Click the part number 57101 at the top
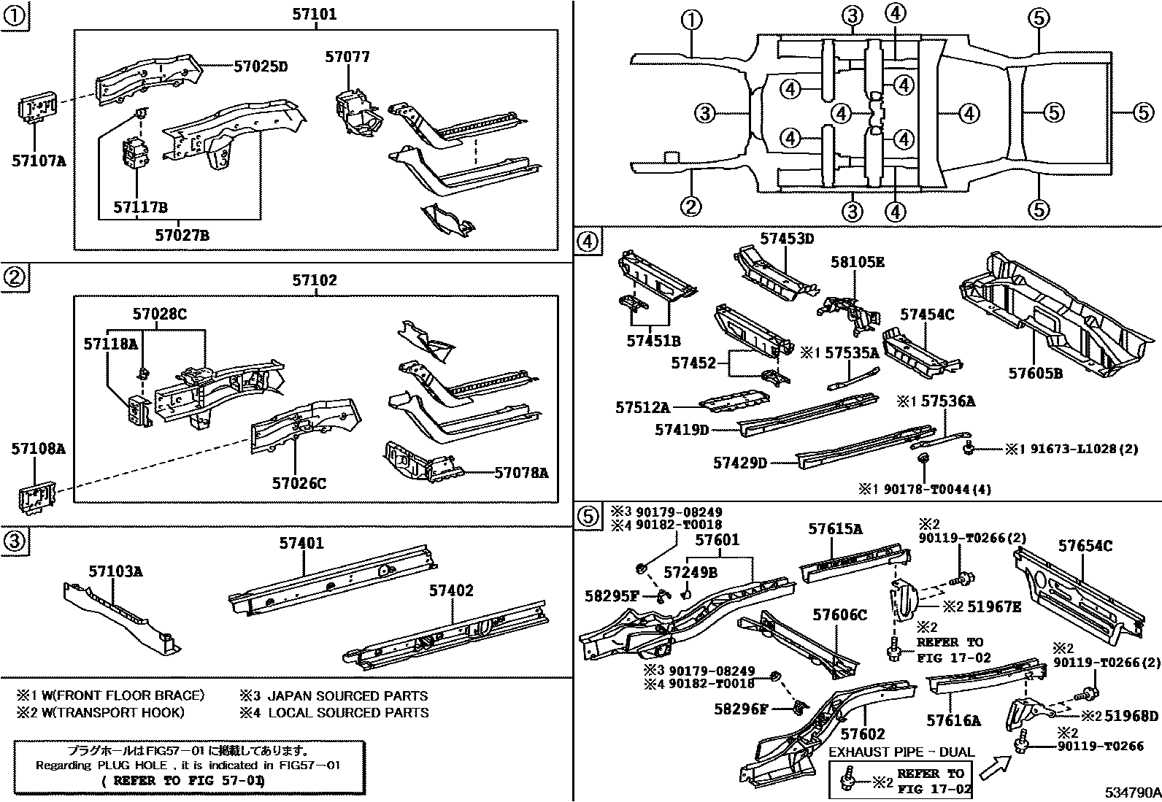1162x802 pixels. click(315, 14)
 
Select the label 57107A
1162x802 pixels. click(38, 160)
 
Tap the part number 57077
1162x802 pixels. click(347, 57)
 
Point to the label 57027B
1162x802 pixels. click(182, 235)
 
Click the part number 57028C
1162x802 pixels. click(160, 315)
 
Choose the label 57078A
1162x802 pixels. click(521, 473)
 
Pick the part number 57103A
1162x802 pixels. click(115, 571)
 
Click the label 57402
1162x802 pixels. click(451, 590)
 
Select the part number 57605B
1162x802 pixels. click(1036, 373)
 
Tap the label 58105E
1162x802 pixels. click(857, 262)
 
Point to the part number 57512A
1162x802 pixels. click(642, 408)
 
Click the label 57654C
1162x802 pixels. click(1085, 545)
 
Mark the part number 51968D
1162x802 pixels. click(1131, 716)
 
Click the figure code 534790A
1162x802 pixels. click(1131, 792)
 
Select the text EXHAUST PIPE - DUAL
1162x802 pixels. click(901, 752)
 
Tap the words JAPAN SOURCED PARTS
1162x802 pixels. click(347, 696)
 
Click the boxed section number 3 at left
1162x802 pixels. click(15, 541)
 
